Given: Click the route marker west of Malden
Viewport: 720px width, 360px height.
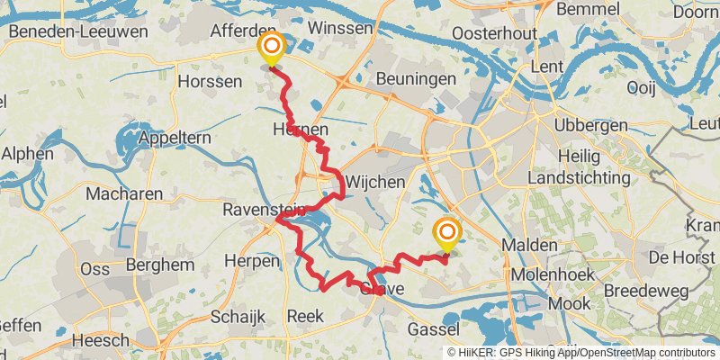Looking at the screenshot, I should tap(446, 234).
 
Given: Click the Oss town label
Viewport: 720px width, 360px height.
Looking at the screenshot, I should tap(94, 269).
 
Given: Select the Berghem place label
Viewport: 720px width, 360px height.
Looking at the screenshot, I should tap(160, 265).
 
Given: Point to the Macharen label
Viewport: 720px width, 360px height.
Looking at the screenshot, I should tap(125, 193).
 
